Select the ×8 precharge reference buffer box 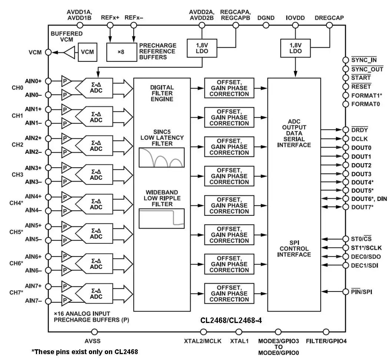[121, 52]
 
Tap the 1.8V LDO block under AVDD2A [202, 48]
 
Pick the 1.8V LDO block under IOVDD [295, 48]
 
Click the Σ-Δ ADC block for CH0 [96, 88]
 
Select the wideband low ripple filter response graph [161, 218]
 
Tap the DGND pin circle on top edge [266, 25]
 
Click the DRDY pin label [359, 130]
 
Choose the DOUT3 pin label [361, 174]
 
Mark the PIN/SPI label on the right [361, 292]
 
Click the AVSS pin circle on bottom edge [94, 332]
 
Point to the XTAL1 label [239, 341]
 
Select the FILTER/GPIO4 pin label [326, 341]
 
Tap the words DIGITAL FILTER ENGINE [162, 93]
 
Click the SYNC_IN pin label [364, 60]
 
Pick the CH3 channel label [17, 174]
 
